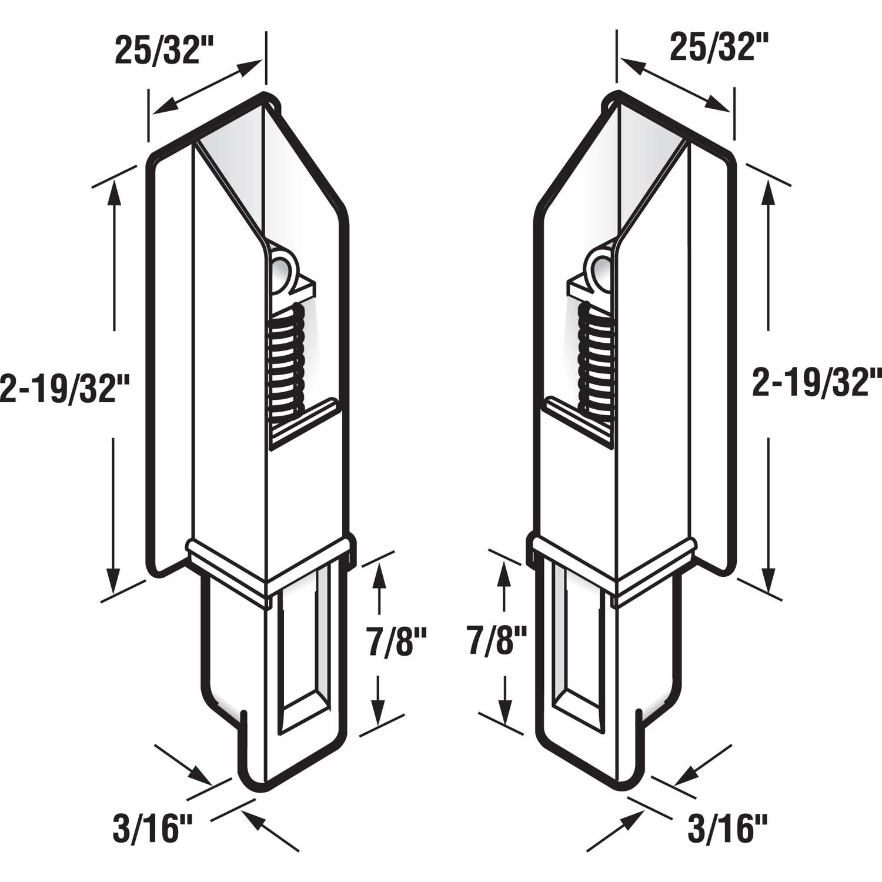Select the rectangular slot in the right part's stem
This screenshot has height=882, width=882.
[577, 653]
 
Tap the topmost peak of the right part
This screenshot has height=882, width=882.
[616, 95]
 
